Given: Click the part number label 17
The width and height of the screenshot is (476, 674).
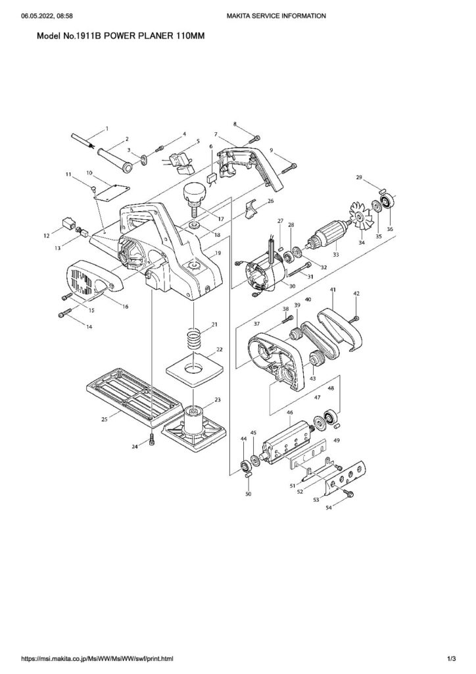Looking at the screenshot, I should (220, 219).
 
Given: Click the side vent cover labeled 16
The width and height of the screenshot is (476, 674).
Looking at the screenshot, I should (93, 280).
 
